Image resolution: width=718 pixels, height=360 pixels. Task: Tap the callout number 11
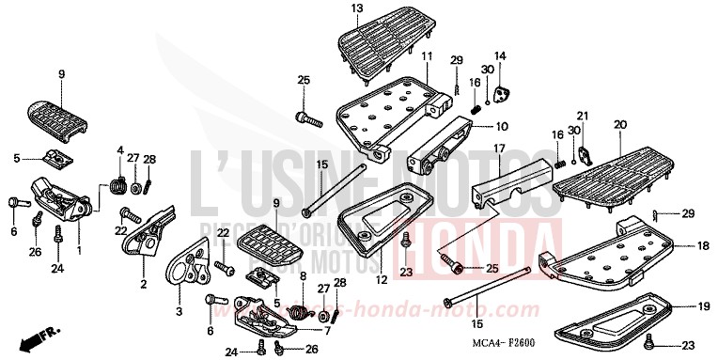[x=427, y=57]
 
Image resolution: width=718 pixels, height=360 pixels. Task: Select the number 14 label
[x=500, y=56]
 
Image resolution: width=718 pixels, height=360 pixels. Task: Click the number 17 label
[x=500, y=149]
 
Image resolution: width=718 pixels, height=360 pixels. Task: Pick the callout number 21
[x=583, y=116]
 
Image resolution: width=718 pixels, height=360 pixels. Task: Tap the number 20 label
[x=620, y=124]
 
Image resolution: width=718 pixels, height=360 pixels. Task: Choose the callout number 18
[x=702, y=245]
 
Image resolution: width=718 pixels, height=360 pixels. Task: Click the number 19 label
[x=703, y=306]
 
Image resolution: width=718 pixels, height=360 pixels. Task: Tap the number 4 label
[x=120, y=149]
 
